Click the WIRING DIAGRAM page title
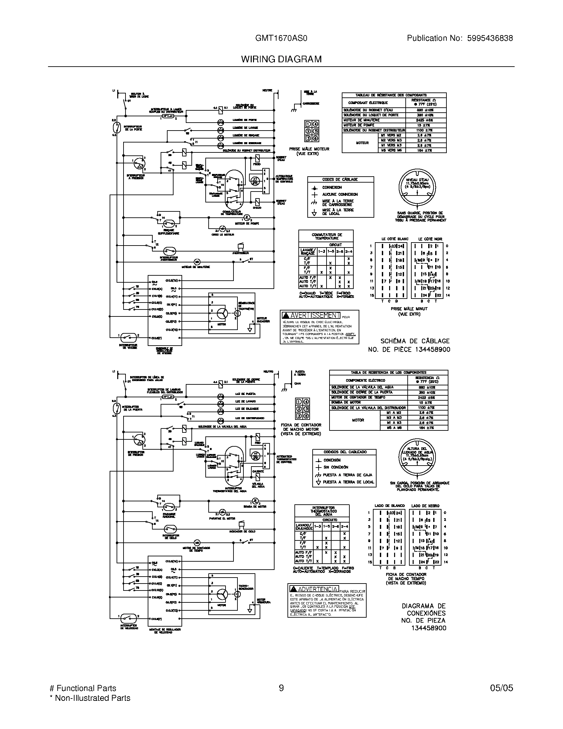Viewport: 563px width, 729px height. point(281,59)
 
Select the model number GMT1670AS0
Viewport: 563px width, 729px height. point(281,38)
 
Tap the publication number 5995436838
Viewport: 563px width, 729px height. point(489,38)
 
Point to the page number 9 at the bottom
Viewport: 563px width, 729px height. point(281,688)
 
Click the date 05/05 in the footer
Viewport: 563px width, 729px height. point(501,688)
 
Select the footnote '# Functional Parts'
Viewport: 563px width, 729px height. point(83,688)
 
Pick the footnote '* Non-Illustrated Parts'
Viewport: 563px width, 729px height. point(89,698)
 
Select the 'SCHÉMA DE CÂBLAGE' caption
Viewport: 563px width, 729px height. point(415,341)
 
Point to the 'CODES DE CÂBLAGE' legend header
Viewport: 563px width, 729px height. point(340,180)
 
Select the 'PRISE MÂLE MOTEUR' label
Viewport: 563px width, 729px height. point(309,149)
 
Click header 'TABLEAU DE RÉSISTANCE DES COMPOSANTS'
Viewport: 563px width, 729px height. point(394,95)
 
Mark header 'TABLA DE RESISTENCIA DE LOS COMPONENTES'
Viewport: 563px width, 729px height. point(388,372)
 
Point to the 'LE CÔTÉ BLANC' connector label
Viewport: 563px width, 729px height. point(394,239)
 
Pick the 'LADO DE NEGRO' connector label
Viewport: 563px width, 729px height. point(425,506)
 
